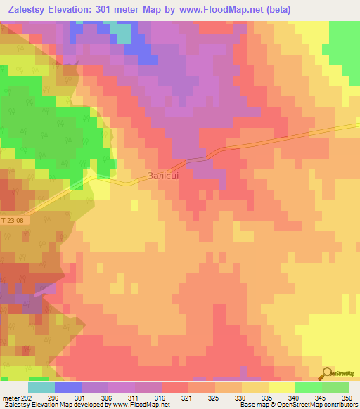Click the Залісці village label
coord(163,177)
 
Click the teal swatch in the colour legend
coord(41,387)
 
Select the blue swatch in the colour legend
coord(68,387)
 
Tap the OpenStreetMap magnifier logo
coord(328,373)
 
